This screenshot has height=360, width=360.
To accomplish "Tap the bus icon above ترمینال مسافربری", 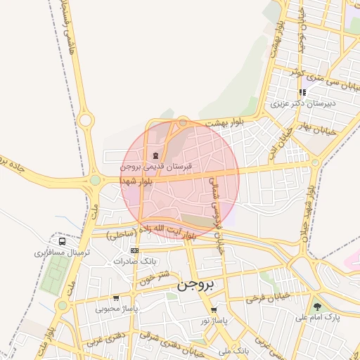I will [62, 242].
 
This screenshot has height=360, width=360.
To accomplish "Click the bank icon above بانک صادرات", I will [134, 250].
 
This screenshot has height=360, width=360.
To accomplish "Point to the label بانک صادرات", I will [134, 261].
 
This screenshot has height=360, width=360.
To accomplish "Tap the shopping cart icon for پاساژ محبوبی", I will [116, 298].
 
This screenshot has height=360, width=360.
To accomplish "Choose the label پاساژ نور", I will [214, 320].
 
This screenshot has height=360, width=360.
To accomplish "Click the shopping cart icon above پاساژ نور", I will [214, 310].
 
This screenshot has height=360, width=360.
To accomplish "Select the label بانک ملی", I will [233, 349].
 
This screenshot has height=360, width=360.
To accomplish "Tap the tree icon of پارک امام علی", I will [318, 307].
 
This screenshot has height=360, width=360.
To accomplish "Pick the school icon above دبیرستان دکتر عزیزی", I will [302, 92].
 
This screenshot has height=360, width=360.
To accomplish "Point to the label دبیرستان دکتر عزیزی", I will [304, 103].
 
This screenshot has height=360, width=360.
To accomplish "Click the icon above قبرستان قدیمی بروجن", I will [155, 155].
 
